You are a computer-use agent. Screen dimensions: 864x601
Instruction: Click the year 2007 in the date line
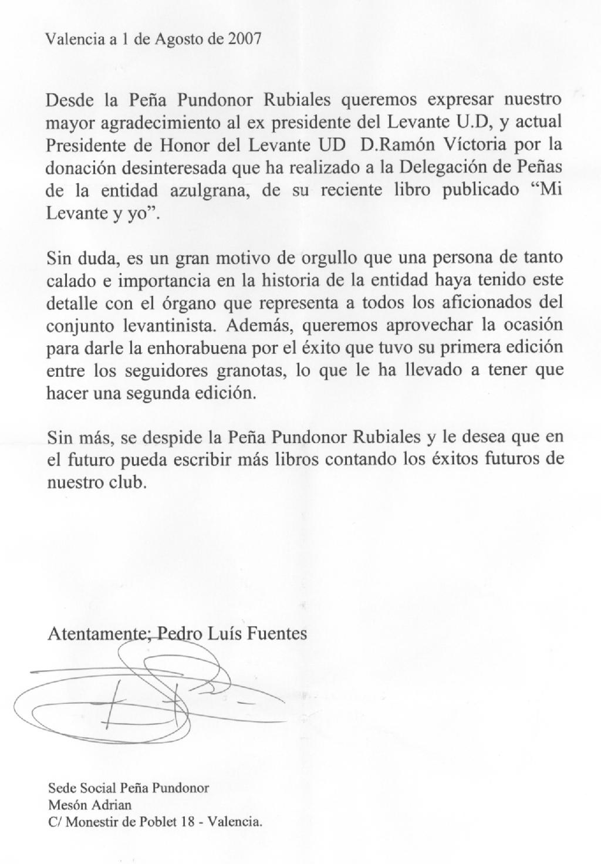tap(245, 39)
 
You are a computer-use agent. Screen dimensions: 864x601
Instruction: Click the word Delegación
tap(447, 167)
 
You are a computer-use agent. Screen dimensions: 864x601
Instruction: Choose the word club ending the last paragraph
tap(130, 482)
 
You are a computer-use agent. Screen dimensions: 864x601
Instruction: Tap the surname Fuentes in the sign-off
tap(279, 634)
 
